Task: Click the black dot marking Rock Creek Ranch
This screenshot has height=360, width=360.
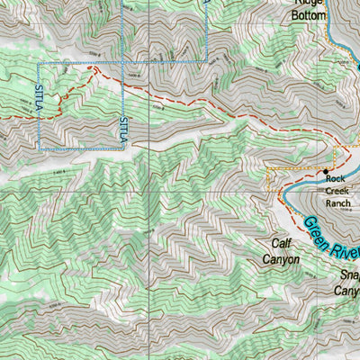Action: coord(326,170)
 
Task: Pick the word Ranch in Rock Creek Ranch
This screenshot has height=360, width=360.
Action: coord(337,203)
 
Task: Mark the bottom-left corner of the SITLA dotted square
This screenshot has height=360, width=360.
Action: coord(39,148)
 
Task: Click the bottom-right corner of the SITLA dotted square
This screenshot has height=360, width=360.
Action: coord(123,148)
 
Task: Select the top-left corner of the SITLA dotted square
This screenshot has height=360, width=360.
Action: coord(39,63)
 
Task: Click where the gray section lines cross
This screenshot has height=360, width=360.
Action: coord(123,192)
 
